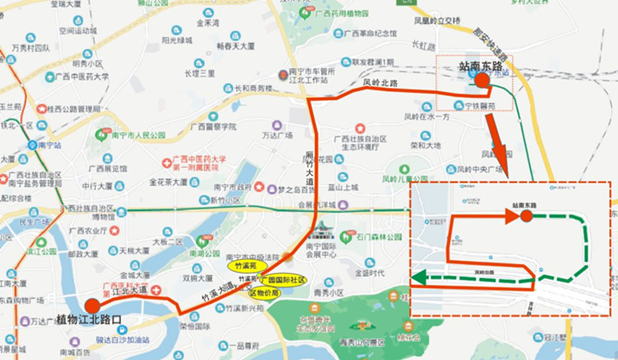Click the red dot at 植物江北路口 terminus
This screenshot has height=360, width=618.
tap(93, 306)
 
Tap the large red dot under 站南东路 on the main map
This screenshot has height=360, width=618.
tap(481, 79)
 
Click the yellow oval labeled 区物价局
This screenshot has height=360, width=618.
tap(263, 293)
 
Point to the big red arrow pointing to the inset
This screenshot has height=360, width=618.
tap(500, 148)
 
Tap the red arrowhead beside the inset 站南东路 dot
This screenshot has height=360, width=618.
tap(511, 215)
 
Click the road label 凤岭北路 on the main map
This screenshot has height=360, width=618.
tap(379, 81)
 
